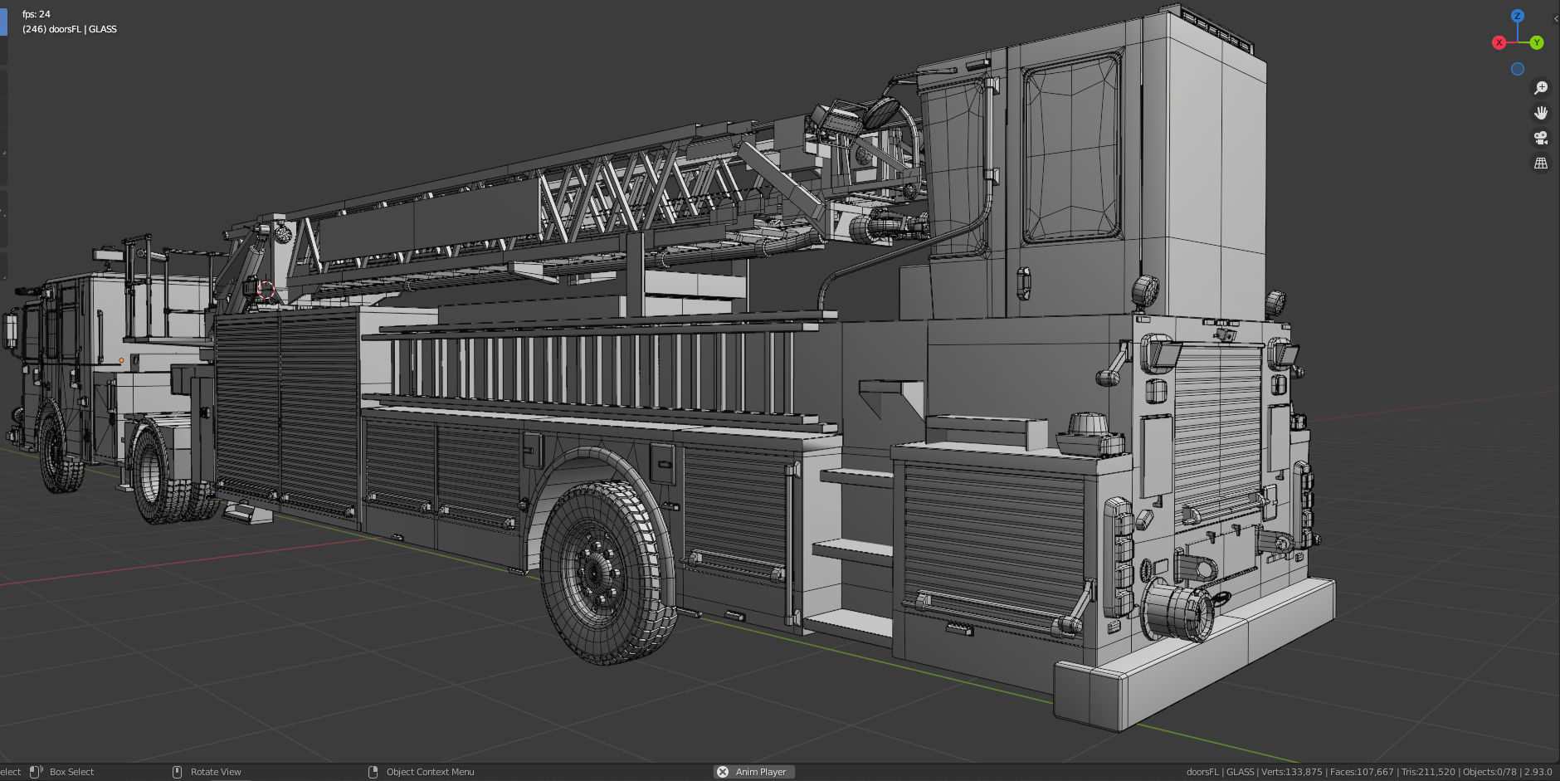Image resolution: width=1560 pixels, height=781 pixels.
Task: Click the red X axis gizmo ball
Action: [1499, 42]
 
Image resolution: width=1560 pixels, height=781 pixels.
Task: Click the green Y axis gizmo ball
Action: [1537, 42]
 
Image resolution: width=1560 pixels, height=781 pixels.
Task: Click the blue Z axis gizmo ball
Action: [1518, 16]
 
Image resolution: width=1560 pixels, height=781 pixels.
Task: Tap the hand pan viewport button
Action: [1541, 113]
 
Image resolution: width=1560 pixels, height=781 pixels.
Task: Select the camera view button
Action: [1541, 138]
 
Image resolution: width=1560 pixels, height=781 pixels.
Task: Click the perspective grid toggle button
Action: [1541, 164]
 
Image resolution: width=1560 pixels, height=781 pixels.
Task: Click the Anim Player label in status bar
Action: [760, 772]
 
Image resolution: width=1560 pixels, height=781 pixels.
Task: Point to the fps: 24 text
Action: [37, 14]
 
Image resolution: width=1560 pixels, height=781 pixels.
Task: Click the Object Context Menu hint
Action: [430, 772]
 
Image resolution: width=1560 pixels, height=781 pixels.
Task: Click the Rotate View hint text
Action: [216, 772]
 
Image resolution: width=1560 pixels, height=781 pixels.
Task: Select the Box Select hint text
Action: [71, 772]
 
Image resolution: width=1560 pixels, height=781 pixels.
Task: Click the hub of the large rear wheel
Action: [594, 571]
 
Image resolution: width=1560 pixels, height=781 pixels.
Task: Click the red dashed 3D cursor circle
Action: [266, 289]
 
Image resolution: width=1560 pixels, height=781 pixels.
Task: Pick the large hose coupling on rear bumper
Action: [1177, 610]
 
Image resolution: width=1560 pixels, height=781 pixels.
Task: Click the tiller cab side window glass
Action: [1071, 149]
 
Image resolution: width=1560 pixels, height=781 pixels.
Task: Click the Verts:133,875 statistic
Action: [1291, 772]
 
